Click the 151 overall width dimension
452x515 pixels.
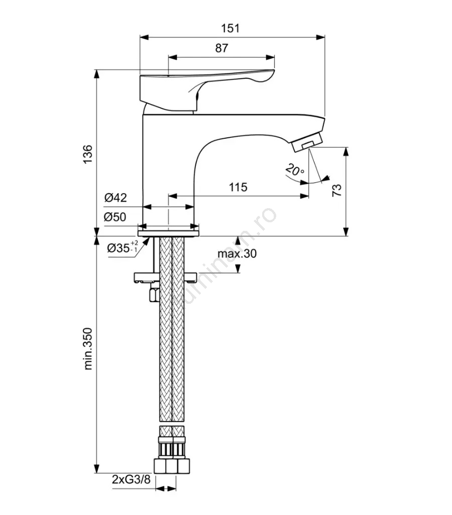point(231,28)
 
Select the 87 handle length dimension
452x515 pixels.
point(221,48)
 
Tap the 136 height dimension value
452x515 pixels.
point(88,154)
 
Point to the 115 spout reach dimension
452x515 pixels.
point(238,187)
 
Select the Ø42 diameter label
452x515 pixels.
point(116,198)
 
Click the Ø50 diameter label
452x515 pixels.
point(116,217)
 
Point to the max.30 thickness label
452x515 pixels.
point(237,253)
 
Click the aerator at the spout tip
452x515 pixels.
point(306,142)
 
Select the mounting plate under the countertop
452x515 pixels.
point(166,277)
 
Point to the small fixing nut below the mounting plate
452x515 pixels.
point(153,294)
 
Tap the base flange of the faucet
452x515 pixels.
point(169,229)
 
